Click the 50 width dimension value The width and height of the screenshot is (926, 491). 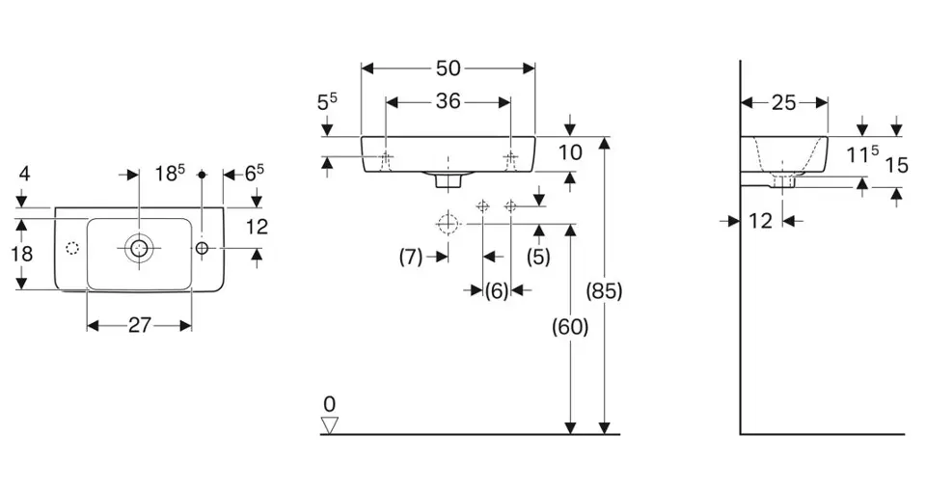[449, 68]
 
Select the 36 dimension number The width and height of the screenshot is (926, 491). [449, 101]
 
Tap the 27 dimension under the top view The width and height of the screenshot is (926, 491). [140, 325]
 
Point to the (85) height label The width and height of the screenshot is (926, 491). [604, 290]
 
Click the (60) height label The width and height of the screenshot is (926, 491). [570, 327]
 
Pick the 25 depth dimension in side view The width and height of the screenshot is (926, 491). [783, 103]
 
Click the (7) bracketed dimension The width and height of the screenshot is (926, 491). [411, 257]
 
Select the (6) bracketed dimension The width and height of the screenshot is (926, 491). [497, 290]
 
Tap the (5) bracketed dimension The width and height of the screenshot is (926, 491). [538, 257]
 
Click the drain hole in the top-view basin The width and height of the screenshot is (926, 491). [139, 248]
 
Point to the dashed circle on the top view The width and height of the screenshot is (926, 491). [72, 249]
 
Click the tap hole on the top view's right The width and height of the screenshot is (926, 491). [202, 248]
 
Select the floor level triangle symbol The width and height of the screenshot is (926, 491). [330, 425]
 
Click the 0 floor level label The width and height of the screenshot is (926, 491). [330, 404]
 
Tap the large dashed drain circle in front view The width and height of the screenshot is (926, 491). [449, 224]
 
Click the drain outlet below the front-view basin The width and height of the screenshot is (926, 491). [449, 179]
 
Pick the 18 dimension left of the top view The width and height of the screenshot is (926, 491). [22, 254]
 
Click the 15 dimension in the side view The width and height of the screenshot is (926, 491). [896, 165]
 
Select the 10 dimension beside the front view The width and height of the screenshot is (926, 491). [570, 152]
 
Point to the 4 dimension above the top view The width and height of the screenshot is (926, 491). [24, 174]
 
